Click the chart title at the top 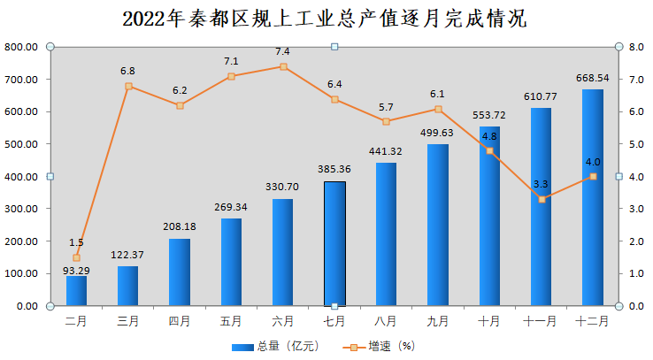pyautogui.click(x=326, y=19)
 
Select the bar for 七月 pyautogui.click(x=334, y=243)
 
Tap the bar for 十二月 pyautogui.click(x=593, y=197)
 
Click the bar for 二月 pyautogui.click(x=77, y=291)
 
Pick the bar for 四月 pyautogui.click(x=180, y=272)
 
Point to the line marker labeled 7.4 pyautogui.click(x=283, y=66)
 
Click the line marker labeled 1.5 pyautogui.click(x=77, y=257)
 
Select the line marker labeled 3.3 pyautogui.click(x=542, y=199)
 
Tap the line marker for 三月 pyautogui.click(x=128, y=87)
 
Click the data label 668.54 pyautogui.click(x=593, y=79)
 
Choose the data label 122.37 pyautogui.click(x=128, y=256)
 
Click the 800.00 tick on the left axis pyautogui.click(x=21, y=47)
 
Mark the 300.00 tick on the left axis pyautogui.click(x=21, y=209)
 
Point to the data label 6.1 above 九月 pyautogui.click(x=438, y=94)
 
